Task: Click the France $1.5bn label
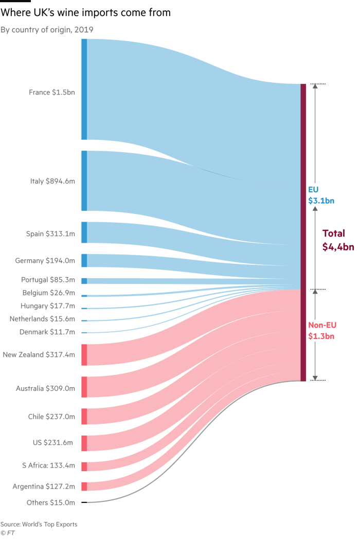point(52,93)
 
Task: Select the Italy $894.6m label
point(52,181)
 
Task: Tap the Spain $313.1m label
point(51,234)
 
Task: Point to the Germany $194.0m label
point(45,261)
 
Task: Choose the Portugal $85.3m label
point(48,280)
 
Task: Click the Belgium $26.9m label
point(49,293)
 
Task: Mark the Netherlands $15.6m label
point(42,319)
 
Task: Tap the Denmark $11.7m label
point(47,332)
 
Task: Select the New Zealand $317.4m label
point(39,355)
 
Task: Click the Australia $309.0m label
point(45,389)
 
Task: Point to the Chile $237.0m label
point(51,417)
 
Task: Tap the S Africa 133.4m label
point(48,466)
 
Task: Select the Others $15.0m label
point(51,502)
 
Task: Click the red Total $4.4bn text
point(338,240)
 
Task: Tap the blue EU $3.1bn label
point(321,195)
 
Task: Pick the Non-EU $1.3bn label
point(322,331)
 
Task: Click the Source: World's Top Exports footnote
point(39,524)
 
